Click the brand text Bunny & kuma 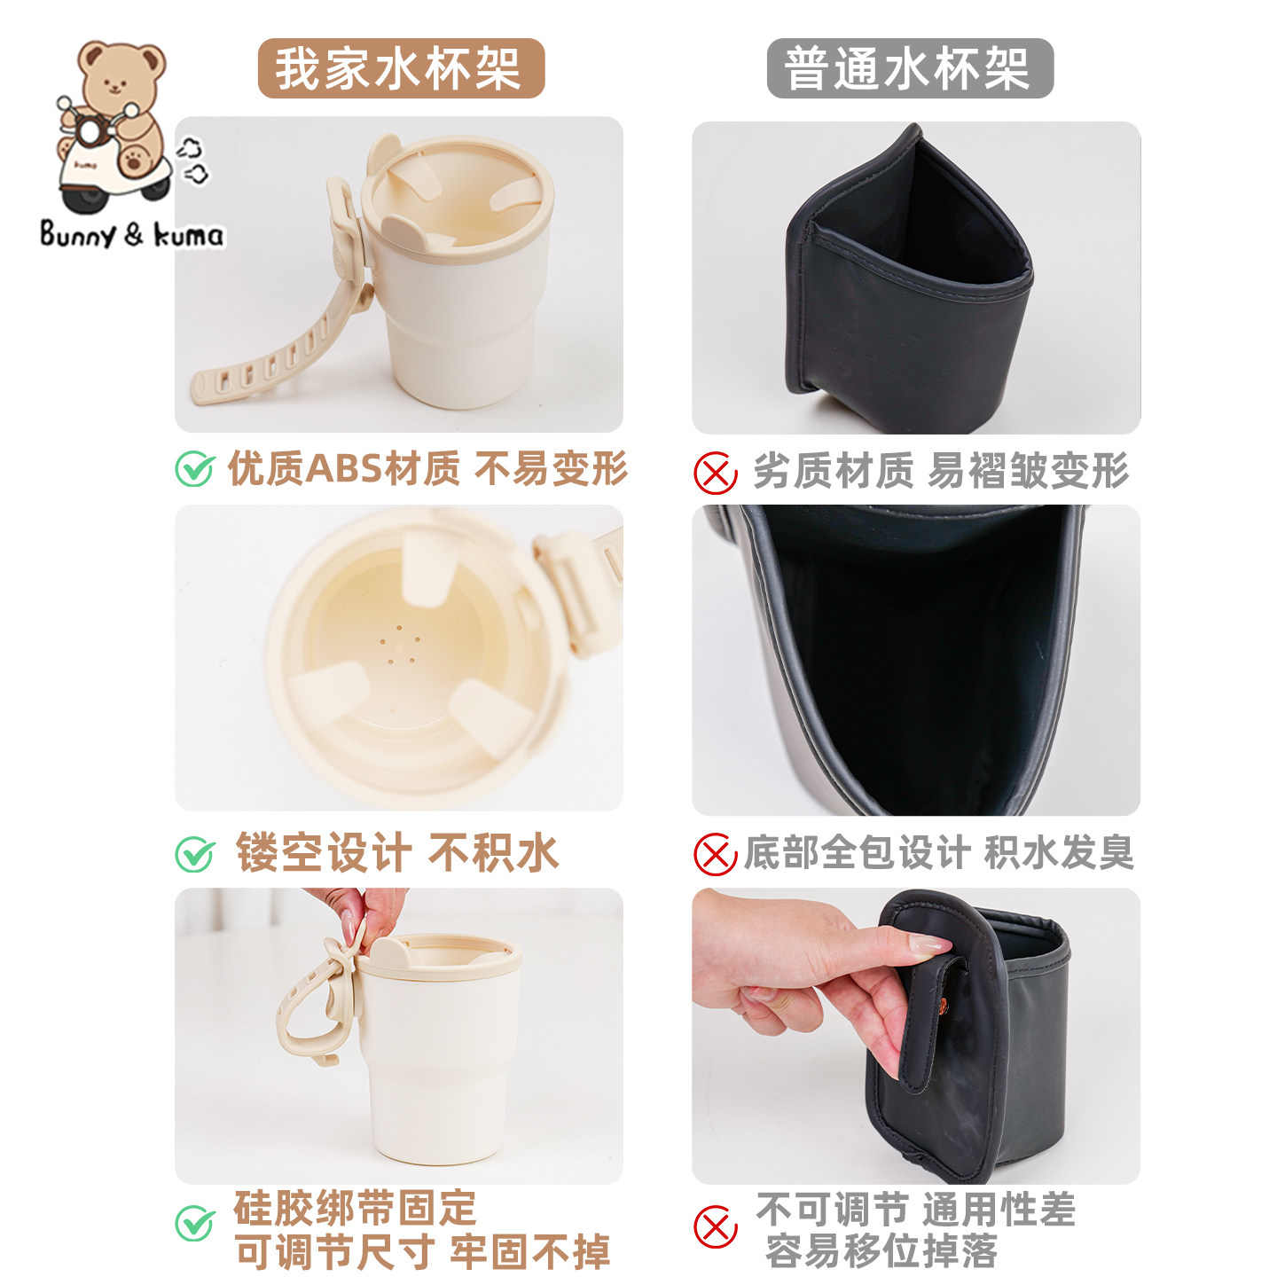131,235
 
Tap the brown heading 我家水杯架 400,68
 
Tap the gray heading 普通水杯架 909,68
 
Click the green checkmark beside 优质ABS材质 194,469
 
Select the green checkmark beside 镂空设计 194,854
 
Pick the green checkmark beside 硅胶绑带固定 194,1224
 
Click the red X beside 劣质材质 715,472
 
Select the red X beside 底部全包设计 715,854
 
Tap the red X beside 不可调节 715,1227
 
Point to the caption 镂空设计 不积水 396,853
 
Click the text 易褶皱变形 1029,471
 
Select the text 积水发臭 1059,853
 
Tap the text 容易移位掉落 881,1251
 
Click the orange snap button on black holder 943,1005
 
